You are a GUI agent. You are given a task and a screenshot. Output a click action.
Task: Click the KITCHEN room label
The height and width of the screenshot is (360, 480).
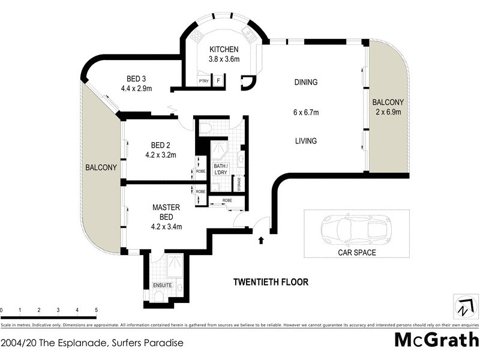224,49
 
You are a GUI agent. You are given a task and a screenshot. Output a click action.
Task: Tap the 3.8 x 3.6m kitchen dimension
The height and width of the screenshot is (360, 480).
224,59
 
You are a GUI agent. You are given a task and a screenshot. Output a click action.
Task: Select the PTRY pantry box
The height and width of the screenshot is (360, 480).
203,80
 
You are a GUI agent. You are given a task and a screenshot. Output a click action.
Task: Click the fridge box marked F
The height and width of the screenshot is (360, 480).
218,80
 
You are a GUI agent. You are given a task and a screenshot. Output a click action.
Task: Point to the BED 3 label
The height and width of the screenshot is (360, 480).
136,79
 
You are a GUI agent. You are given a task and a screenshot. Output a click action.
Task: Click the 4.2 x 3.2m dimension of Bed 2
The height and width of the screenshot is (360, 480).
160,154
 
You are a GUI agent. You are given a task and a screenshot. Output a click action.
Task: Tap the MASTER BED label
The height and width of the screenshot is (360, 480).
166,211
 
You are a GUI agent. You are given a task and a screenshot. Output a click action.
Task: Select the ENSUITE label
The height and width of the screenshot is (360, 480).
162,285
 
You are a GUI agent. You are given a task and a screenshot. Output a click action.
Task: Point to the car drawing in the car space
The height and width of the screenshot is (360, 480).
351,229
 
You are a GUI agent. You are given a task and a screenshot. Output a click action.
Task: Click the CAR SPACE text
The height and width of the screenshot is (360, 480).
356,253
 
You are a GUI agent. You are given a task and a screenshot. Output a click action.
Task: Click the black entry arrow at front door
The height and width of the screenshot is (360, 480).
261,241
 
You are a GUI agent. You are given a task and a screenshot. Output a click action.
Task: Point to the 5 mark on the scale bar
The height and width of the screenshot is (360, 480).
96,310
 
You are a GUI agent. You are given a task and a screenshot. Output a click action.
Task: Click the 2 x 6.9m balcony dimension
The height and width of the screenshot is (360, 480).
386,112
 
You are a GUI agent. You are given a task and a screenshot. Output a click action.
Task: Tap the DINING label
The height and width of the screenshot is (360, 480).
305,82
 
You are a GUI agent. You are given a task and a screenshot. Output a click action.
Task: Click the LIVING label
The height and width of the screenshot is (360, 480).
305,141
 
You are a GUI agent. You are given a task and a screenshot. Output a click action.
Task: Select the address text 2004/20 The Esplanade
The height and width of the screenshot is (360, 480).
91,344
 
